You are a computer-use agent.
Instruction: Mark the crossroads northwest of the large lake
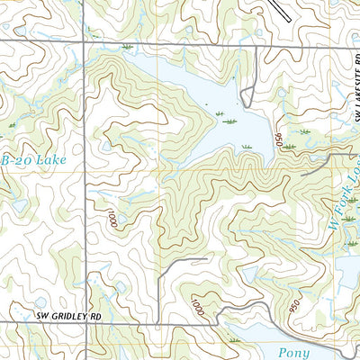coord(86,42)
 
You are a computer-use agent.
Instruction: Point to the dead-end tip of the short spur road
coord(207,260)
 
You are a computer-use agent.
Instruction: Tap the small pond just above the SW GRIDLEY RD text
coord(40,302)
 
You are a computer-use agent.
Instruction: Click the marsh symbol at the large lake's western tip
coord(128,46)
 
